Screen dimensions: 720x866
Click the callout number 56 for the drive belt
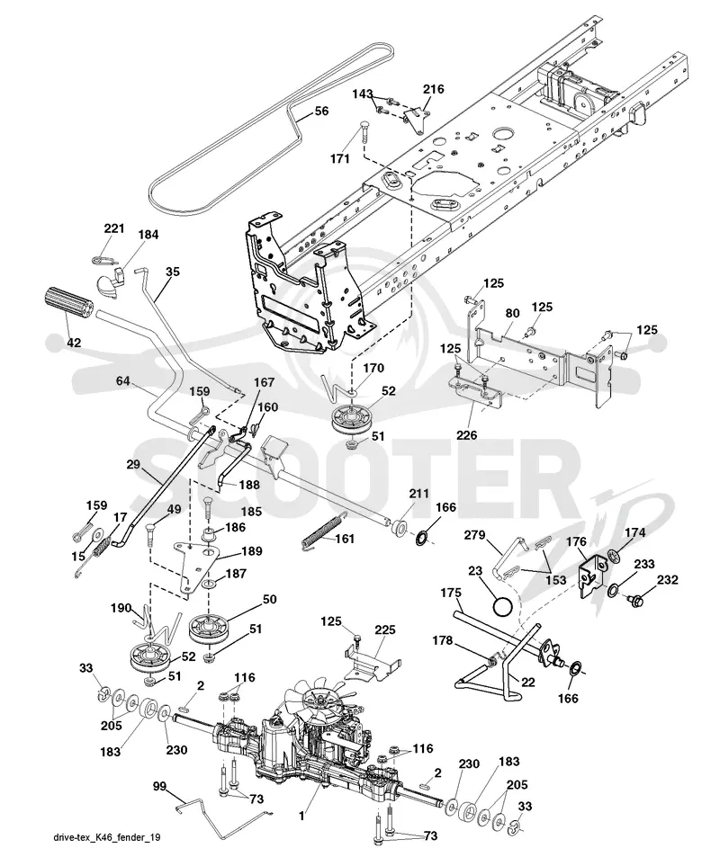pos(321,111)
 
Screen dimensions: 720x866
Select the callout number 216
pos(434,89)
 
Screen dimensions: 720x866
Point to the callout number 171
pos(340,159)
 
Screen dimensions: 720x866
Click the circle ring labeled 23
pos(502,608)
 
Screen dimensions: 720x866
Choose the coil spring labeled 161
pos(323,531)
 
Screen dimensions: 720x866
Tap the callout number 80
pos(512,313)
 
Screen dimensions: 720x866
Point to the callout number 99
pos(159,786)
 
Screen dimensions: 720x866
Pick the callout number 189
pos(251,551)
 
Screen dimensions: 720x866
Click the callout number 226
pos(466,436)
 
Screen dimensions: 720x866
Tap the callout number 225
pos(384,629)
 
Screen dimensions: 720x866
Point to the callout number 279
pos(474,535)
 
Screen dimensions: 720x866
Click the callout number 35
pos(173,272)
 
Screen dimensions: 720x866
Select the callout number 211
pos(418,493)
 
